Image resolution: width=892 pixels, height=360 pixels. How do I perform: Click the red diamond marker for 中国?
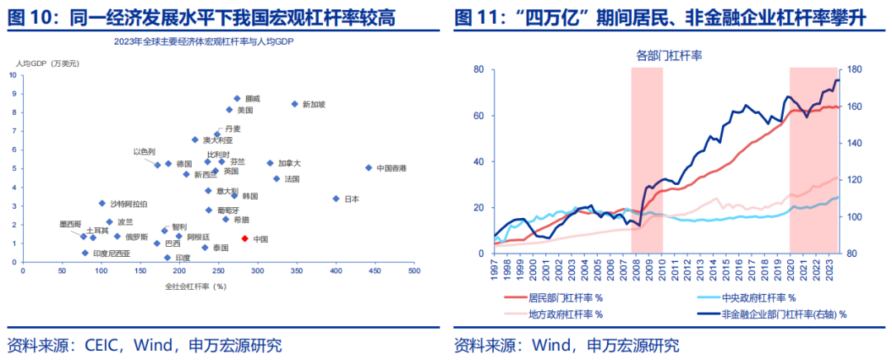pyautogui.click(x=244, y=239)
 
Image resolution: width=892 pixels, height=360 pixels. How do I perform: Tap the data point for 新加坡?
pyautogui.click(x=294, y=104)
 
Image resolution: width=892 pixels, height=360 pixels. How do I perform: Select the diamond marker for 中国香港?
pyautogui.click(x=368, y=168)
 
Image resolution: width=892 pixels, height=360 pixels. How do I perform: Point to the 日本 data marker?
pyautogui.click(x=336, y=198)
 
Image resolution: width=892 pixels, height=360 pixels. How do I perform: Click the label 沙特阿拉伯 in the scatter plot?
pyautogui.click(x=129, y=203)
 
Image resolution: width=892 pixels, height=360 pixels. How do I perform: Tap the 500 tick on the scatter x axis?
pyautogui.click(x=413, y=271)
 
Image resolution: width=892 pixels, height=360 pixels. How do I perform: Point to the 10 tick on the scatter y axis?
pyautogui.click(x=12, y=75)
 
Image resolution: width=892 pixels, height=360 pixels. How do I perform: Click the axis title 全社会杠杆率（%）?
pyautogui.click(x=196, y=286)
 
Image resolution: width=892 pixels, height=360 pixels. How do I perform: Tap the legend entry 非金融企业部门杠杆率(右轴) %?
pyautogui.click(x=785, y=314)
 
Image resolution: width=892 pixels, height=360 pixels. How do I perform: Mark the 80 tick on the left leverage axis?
pyautogui.click(x=477, y=69)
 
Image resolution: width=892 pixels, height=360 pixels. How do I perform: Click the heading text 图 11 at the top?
pyautogui.click(x=475, y=16)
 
